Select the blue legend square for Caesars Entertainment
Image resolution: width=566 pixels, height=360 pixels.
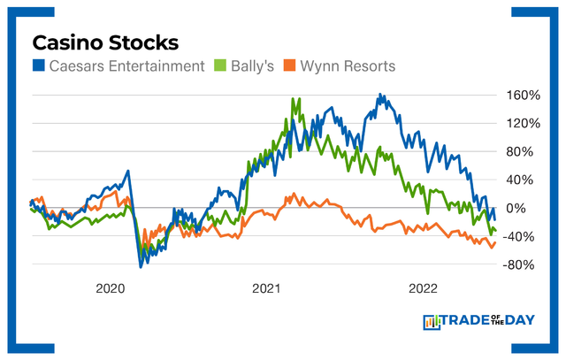tap(39, 65)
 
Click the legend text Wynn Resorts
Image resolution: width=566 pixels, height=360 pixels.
tap(340, 65)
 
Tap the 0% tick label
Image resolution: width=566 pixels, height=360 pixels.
tap(518, 208)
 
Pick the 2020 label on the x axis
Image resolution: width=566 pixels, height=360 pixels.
tap(111, 288)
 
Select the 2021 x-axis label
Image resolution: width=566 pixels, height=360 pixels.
tap(267, 288)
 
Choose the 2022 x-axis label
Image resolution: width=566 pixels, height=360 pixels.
tap(424, 288)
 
